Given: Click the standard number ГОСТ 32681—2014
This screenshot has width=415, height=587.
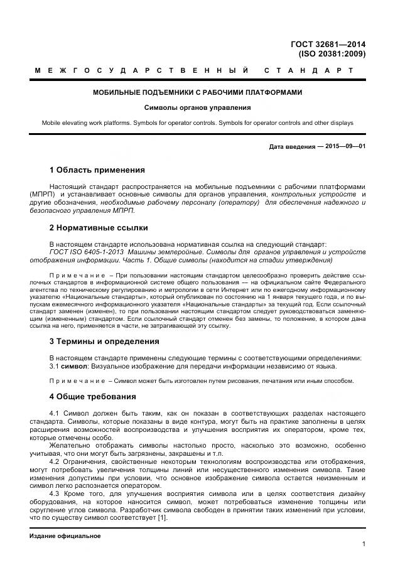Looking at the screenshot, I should coord(328,44).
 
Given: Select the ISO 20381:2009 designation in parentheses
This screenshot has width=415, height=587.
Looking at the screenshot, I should coord(332,54).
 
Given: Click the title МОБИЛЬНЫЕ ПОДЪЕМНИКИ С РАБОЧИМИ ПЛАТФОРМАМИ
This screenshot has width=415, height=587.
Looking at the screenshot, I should coord(198,92).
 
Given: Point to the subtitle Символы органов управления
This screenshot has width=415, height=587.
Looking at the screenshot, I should coord(198,107).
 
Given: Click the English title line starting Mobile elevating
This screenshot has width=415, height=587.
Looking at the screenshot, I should coord(198,122).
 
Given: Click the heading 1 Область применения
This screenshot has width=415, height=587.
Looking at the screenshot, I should coord(97,170).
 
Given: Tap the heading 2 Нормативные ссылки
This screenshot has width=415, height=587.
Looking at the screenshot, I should coord(99,227).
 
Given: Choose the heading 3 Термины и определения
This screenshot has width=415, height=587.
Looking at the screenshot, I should coord(104,342).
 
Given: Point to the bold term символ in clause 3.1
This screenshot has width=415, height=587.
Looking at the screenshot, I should coord(74,366).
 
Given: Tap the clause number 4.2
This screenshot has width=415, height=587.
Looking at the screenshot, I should coord(55,462).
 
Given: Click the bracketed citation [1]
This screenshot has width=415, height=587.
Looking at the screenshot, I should coord(162,519).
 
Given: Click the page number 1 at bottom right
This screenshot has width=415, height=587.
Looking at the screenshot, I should coord(364,544).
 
